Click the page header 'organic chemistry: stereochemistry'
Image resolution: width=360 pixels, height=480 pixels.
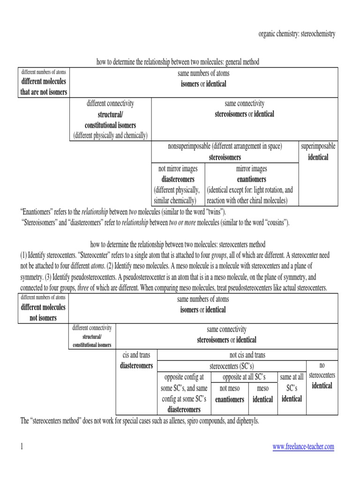tap(297, 34)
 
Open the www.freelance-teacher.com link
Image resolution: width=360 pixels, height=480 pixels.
tap(303, 447)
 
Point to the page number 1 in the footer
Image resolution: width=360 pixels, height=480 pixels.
tap(22, 447)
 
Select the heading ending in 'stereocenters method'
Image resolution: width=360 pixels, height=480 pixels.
tap(178, 244)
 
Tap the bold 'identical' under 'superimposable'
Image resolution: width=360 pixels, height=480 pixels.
tap(318, 157)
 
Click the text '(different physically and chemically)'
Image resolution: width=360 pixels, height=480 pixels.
tap(110, 135)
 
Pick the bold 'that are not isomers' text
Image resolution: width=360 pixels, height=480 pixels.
tap(44, 92)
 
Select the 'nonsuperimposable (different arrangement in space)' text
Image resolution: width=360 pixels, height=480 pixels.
tap(225, 147)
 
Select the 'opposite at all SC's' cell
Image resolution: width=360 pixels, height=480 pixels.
tap(244, 377)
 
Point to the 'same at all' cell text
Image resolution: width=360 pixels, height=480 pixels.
tap(292, 377)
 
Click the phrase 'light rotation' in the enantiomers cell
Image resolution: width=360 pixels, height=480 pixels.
tap(266, 190)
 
